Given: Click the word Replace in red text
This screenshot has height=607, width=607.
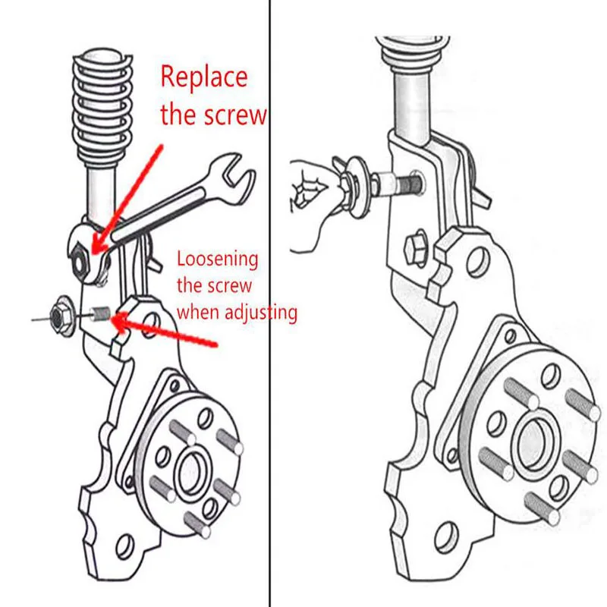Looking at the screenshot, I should click(x=203, y=77).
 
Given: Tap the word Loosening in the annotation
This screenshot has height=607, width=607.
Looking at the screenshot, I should click(x=218, y=259).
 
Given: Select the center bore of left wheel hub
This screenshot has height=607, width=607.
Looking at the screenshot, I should click(x=190, y=472).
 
